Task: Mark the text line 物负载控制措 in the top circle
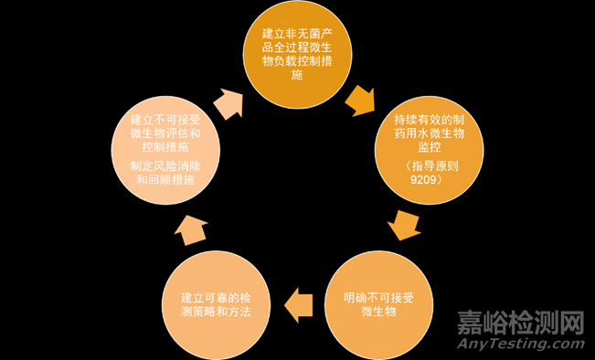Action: point(295,62)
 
